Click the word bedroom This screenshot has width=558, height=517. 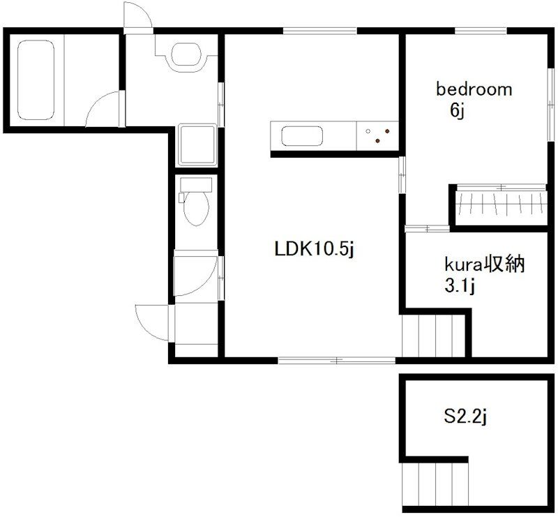click(474, 89)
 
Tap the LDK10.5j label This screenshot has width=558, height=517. click(315, 249)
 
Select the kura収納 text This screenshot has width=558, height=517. click(485, 264)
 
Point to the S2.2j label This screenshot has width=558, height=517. click(465, 417)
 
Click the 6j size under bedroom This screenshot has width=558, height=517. click(458, 111)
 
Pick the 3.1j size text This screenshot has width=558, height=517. click(460, 286)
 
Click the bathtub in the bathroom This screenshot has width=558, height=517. click(36, 80)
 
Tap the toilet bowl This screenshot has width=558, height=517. click(196, 209)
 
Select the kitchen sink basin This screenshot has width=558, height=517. click(302, 136)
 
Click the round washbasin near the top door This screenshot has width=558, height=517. click(184, 54)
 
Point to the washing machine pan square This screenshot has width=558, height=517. click(197, 144)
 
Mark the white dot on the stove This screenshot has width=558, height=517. click(368, 131)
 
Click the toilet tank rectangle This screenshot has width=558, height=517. click(196, 185)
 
